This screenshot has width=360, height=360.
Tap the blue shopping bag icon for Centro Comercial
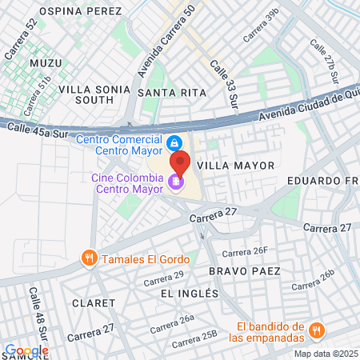coord(173,143)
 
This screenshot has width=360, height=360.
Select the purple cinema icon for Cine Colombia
coord(175,182)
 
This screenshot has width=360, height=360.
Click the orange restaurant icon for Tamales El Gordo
coord(90,258)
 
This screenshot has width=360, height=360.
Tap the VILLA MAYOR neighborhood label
coord(235,165)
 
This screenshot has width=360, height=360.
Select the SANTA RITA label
coord(171,93)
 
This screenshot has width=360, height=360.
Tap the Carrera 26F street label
coord(245,252)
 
